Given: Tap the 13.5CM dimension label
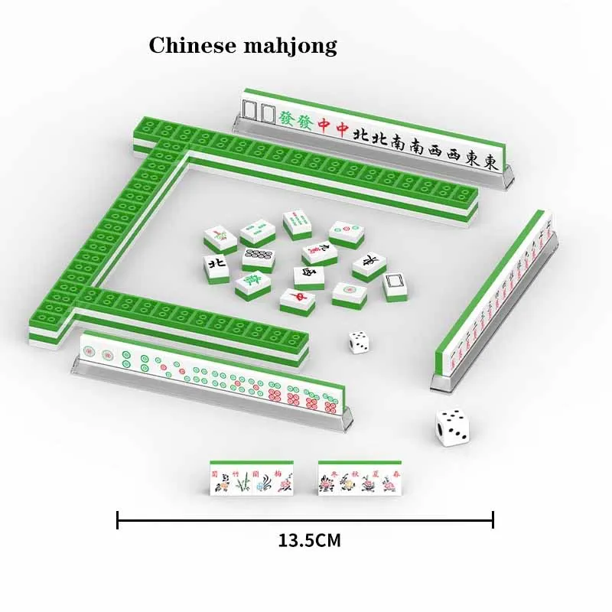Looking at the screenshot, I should pyautogui.click(x=309, y=540).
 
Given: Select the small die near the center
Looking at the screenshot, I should pyautogui.click(x=358, y=342).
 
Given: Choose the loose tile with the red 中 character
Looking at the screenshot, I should pyautogui.click(x=298, y=298).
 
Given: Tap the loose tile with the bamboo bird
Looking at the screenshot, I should pyautogui.click(x=220, y=237).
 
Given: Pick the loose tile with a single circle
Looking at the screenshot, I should pyautogui.click(x=350, y=291).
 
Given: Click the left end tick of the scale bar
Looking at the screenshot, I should pyautogui.click(x=118, y=520).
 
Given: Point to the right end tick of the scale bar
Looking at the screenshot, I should pyautogui.click(x=493, y=520).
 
